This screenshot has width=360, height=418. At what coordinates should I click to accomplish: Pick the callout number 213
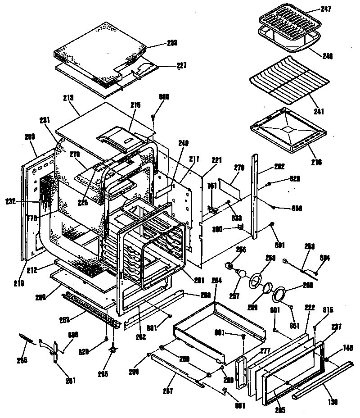pos(68,97)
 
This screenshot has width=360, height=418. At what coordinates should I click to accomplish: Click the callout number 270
pos(238,167)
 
